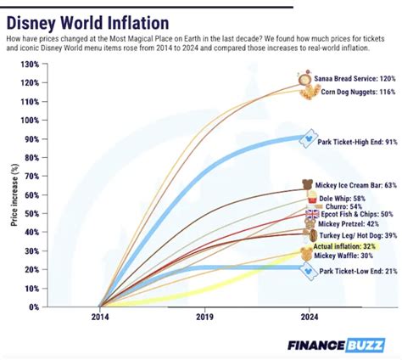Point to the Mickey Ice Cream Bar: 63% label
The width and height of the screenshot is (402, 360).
click(x=355, y=184)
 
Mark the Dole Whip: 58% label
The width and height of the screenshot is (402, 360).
click(x=343, y=197)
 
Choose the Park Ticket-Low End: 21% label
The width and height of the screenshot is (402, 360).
click(x=357, y=272)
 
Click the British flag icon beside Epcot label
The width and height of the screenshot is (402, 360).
click(x=310, y=215)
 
